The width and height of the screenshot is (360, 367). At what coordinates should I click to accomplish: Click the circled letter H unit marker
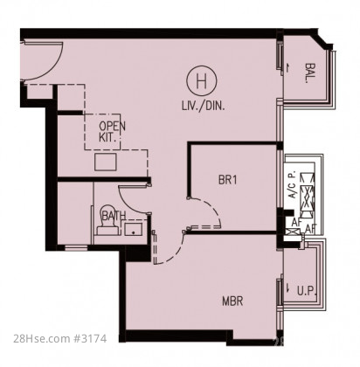tap(202, 81)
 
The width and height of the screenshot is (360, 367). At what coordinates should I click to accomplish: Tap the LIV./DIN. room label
tap(204, 106)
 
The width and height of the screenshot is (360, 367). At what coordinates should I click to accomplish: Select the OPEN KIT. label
tap(112, 132)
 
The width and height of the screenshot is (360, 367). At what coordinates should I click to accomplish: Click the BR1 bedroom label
tap(228, 180)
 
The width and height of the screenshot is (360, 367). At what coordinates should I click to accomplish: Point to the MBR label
tap(232, 301)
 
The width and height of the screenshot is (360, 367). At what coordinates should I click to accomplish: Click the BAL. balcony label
tap(310, 73)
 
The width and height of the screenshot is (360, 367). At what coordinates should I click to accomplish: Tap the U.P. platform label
tap(307, 291)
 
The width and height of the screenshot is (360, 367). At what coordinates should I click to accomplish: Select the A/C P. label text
tap(293, 184)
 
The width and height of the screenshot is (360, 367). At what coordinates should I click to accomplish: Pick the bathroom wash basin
tap(134, 229)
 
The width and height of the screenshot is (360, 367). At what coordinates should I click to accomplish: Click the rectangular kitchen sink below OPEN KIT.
tap(106, 162)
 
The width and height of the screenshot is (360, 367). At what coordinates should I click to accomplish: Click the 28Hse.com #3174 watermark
tap(60, 339)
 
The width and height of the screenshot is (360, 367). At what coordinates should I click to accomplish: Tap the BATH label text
tap(114, 216)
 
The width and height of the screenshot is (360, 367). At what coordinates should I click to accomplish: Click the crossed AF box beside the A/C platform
tap(294, 232)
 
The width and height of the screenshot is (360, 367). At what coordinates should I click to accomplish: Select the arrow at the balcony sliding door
tap(287, 68)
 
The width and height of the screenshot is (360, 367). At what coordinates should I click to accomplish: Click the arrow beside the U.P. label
tap(288, 287)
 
